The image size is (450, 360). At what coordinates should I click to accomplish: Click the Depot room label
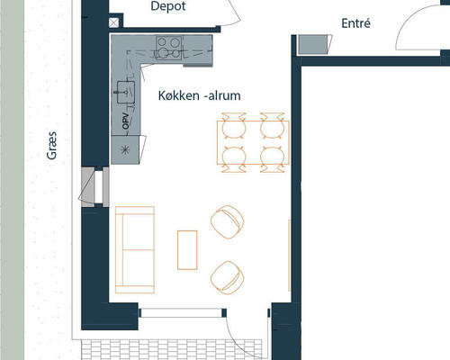(168, 6)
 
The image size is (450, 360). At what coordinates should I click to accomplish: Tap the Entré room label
(355, 23)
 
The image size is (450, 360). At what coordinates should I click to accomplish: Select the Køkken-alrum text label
(200, 95)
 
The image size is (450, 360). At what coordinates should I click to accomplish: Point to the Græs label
(51, 146)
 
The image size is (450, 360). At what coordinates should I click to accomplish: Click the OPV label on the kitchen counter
(126, 121)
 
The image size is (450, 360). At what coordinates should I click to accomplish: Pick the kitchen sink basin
(126, 92)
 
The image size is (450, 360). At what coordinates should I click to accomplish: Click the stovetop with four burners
(168, 48)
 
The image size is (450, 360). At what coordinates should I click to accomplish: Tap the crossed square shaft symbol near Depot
(113, 22)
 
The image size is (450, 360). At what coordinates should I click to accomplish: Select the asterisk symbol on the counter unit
(125, 149)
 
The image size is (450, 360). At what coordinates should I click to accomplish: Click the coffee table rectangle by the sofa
(187, 250)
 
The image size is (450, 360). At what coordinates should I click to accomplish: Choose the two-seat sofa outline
(135, 249)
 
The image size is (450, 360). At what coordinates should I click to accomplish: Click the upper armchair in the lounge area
(227, 222)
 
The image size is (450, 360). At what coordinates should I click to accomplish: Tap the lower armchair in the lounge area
(227, 277)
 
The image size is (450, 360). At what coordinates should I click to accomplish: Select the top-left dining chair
(234, 126)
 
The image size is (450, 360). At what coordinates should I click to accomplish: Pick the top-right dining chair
(272, 126)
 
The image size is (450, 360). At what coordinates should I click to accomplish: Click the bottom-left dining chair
(234, 159)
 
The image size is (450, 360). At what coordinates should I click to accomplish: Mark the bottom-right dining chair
(272, 159)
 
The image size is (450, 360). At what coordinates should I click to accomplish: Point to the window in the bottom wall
(182, 313)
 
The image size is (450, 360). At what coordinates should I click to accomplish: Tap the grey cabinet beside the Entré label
(313, 44)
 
